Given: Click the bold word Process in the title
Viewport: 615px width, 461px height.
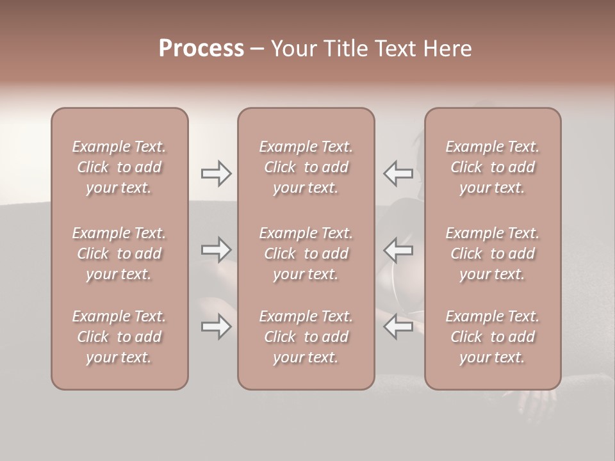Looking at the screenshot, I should (x=201, y=49).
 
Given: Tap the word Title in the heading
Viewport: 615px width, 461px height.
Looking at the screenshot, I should (x=345, y=49).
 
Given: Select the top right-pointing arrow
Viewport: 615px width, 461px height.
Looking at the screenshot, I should (x=217, y=174).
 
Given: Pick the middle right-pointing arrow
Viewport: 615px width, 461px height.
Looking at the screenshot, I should (x=217, y=250).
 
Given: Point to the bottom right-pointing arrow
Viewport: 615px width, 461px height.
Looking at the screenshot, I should (x=217, y=327).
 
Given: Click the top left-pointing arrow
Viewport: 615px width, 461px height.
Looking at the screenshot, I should (x=398, y=174).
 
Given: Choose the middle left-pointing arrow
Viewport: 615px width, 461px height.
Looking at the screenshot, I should (x=398, y=250).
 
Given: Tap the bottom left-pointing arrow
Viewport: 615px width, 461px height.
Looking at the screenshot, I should (x=398, y=327).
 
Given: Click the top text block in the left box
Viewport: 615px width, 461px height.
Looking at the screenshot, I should (x=119, y=167).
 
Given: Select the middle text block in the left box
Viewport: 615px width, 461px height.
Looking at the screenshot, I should (x=119, y=254).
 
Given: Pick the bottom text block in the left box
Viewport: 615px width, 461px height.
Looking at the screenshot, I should (x=119, y=337).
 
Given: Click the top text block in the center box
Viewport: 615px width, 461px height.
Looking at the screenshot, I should (x=306, y=167).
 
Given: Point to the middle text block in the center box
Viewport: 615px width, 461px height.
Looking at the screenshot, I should (x=306, y=254).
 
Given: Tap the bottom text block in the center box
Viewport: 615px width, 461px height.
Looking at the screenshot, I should (x=306, y=337).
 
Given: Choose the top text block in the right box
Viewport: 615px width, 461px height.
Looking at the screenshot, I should (x=493, y=167).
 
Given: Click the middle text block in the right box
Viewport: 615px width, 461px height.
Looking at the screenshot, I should (x=493, y=254).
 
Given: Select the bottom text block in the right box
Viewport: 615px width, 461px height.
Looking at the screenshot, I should (x=493, y=337).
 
